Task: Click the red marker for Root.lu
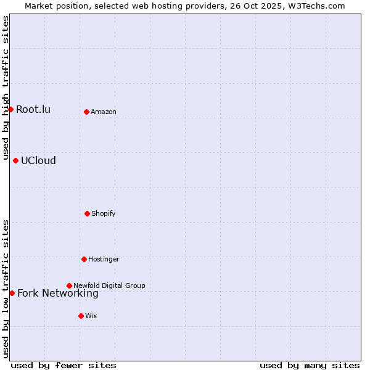pos(10,109)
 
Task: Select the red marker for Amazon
pos(86,112)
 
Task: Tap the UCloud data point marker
pos(15,160)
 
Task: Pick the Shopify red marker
pos(87,213)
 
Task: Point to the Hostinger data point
pos(84,259)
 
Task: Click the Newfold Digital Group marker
pos(69,286)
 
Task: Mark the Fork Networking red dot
pos(12,293)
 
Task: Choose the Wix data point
pos(81,316)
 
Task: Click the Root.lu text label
pos(33,110)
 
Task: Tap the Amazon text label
pos(104,112)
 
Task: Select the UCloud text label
pos(38,161)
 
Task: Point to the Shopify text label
pos(104,214)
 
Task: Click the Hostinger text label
pos(104,260)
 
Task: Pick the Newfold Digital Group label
pos(109,286)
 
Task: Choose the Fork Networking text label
pos(58,294)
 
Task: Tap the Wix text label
pos(91,316)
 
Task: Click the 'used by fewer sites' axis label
pos(64,365)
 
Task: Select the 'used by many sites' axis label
pos(310,365)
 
